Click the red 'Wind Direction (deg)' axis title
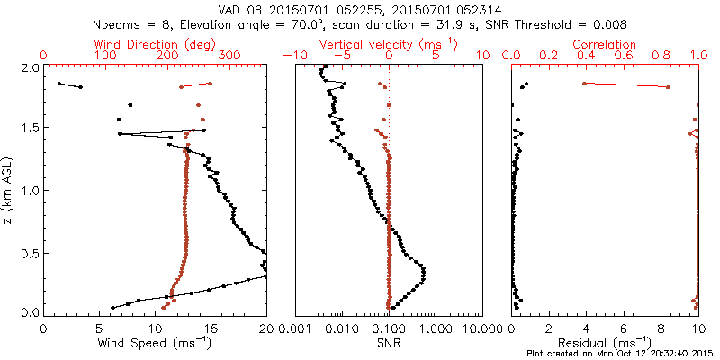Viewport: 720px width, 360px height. (155, 43)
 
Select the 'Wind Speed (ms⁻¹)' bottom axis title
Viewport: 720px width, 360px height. (155, 343)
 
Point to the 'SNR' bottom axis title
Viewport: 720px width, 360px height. (389, 343)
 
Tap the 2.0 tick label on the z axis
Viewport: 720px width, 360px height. (29, 68)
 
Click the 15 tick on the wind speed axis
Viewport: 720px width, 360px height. (211, 328)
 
